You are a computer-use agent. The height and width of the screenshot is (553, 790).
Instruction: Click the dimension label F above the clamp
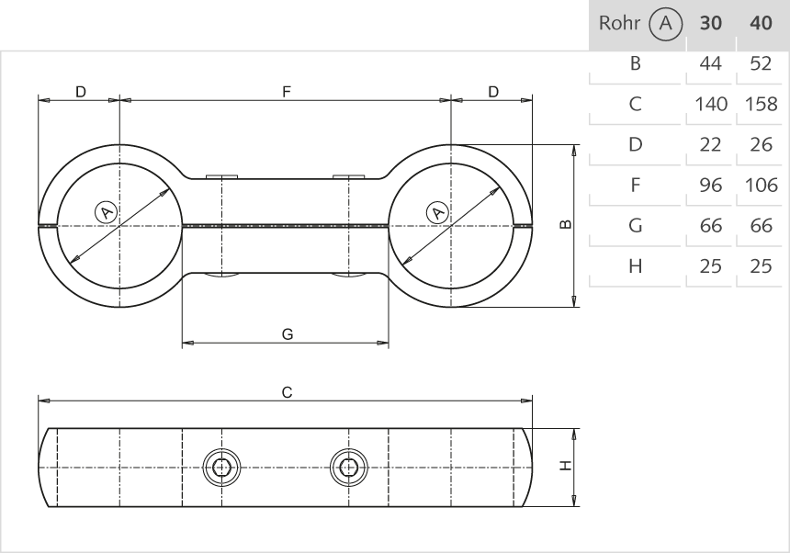287,92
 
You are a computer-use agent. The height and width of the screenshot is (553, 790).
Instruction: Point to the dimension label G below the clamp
288,335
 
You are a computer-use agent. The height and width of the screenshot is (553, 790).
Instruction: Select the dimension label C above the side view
287,392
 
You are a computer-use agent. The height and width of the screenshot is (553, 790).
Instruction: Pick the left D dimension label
80,92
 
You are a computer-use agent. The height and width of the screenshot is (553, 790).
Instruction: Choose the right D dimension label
493,92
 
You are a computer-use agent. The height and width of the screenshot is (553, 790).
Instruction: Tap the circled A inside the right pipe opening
439,213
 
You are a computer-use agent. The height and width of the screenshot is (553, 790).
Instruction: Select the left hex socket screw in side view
221,468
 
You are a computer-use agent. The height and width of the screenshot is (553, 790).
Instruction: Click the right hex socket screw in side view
347,468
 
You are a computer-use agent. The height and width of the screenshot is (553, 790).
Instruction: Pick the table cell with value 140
711,104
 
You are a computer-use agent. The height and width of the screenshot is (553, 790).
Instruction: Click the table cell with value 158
762,104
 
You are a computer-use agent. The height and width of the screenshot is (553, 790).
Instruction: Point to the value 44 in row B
711,63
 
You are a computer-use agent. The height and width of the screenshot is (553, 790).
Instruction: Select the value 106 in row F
762,185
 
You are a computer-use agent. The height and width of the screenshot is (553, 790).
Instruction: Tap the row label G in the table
634,225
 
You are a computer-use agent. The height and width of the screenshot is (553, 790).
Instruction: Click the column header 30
711,24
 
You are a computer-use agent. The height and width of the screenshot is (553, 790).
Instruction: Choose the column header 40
762,24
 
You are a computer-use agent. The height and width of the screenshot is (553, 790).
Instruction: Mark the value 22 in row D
711,144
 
